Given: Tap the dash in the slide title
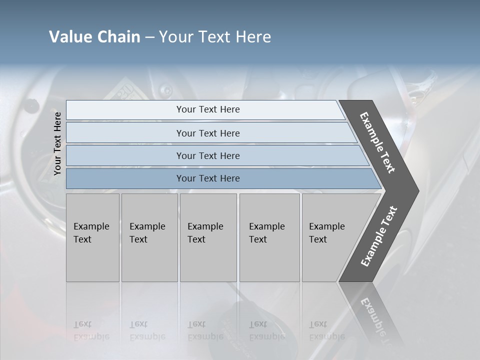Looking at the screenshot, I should click(x=149, y=37).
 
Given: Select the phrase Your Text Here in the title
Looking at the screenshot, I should click(x=215, y=37).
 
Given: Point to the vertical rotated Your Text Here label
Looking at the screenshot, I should click(x=57, y=143).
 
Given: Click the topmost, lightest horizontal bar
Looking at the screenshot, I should click(x=207, y=109).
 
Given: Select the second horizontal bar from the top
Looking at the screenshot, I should click(x=207, y=133).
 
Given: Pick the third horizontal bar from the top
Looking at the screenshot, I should click(x=207, y=155).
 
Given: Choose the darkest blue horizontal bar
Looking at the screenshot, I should click(x=207, y=178).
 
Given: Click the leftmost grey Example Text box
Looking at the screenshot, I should click(x=92, y=237).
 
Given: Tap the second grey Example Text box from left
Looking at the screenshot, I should click(x=149, y=237).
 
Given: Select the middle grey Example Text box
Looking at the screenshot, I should click(x=208, y=237).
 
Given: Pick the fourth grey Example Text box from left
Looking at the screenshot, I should click(x=269, y=237).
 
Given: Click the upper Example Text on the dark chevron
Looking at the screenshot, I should click(x=378, y=142).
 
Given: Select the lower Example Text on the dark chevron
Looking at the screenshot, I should click(x=379, y=236).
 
